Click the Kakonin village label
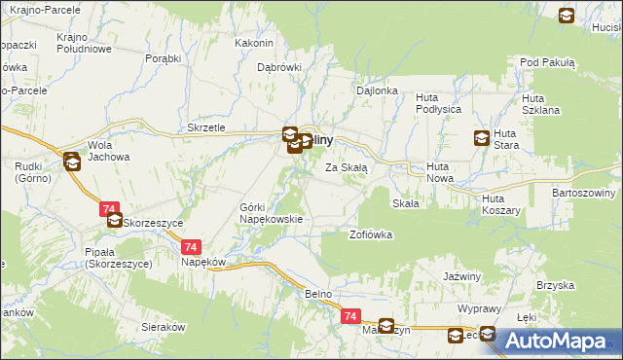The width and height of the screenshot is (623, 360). [254, 43]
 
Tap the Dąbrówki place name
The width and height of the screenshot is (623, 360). [279, 67]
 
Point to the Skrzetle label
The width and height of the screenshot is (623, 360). [205, 127]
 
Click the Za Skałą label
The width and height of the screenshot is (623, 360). [346, 167]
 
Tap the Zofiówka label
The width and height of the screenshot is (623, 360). [371, 234]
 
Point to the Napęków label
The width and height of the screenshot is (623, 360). [203, 263]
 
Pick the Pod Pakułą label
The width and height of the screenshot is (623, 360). [548, 62]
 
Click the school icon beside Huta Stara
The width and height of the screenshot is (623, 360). [481, 138]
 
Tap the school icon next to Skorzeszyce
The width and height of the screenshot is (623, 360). [115, 222]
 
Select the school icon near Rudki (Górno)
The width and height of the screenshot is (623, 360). [71, 162]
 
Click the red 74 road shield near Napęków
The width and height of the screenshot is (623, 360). [190, 247]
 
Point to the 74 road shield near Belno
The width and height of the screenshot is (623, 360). [351, 316]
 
